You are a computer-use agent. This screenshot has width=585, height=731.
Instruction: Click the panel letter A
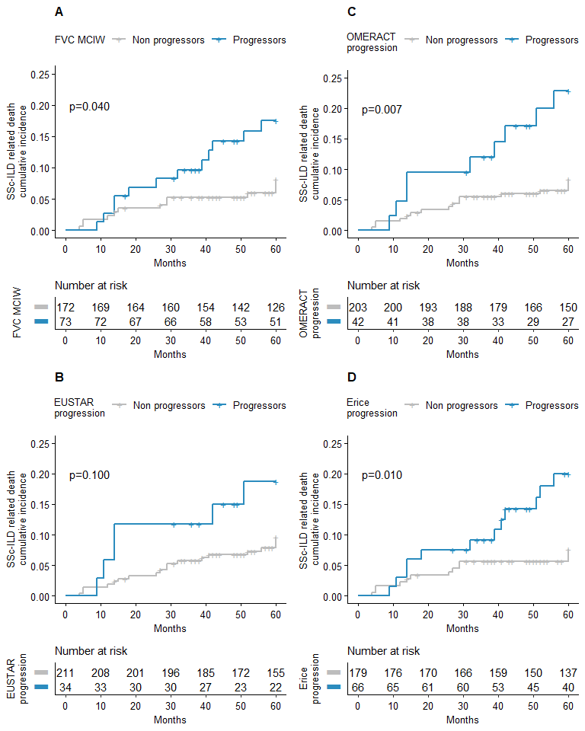[59, 11]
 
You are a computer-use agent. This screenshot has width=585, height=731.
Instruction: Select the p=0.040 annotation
[89, 107]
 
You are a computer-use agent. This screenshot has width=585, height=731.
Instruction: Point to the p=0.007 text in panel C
[382, 110]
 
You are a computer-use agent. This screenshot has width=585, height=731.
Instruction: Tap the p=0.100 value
[89, 475]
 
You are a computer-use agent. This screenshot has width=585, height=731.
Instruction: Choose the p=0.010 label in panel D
[382, 475]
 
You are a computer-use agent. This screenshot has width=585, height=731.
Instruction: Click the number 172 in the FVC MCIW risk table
[66, 308]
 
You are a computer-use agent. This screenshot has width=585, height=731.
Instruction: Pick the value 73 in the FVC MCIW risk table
[66, 321]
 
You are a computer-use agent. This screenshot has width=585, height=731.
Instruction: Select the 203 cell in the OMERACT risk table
[358, 308]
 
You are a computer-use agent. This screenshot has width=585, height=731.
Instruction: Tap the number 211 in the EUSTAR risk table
[66, 673]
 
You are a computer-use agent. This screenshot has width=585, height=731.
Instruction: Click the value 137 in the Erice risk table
[568, 673]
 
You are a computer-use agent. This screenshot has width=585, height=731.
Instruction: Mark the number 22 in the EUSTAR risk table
[276, 687]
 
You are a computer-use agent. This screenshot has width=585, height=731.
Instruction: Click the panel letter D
[352, 377]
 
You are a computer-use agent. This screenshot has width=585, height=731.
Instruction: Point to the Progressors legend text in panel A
[259, 40]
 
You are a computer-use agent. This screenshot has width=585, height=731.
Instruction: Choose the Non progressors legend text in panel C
[462, 40]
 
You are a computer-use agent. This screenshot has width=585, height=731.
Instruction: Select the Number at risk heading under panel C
[384, 286]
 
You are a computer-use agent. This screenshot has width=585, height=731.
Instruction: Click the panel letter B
[59, 377]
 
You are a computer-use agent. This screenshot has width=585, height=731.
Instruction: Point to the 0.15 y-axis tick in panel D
[332, 504]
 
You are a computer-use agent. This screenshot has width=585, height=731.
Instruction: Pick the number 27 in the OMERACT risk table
[568, 321]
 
